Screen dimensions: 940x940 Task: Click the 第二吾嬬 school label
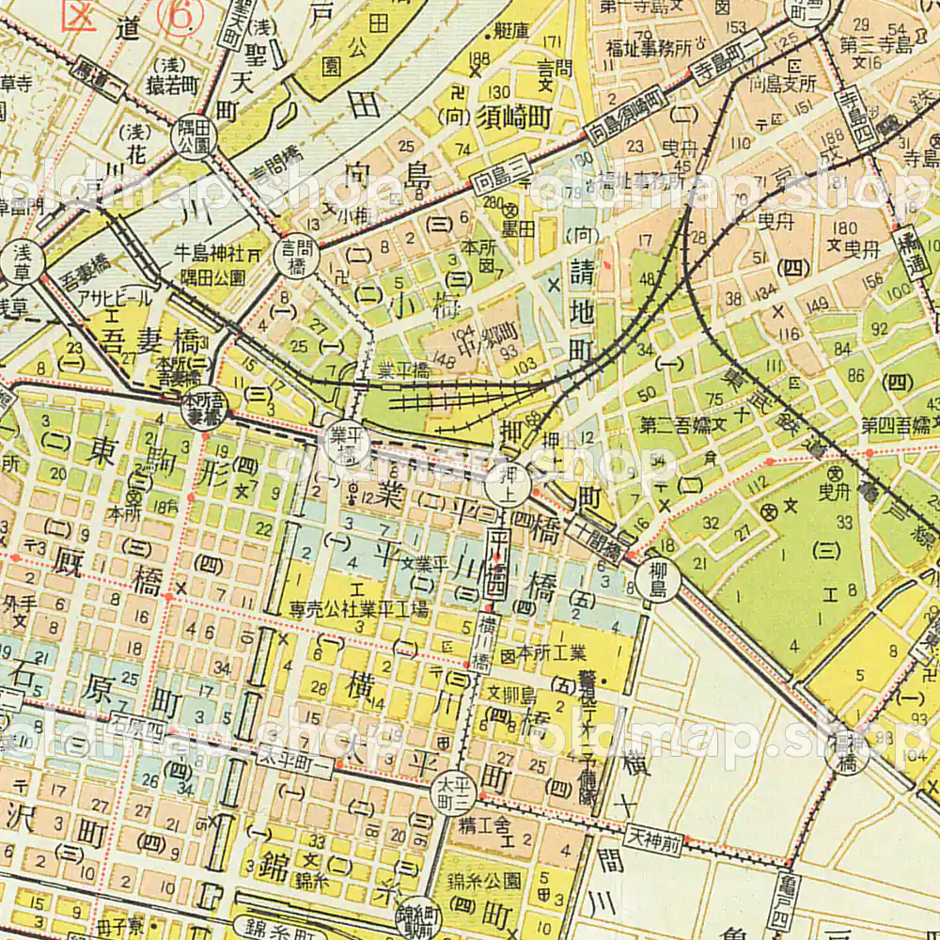678,425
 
